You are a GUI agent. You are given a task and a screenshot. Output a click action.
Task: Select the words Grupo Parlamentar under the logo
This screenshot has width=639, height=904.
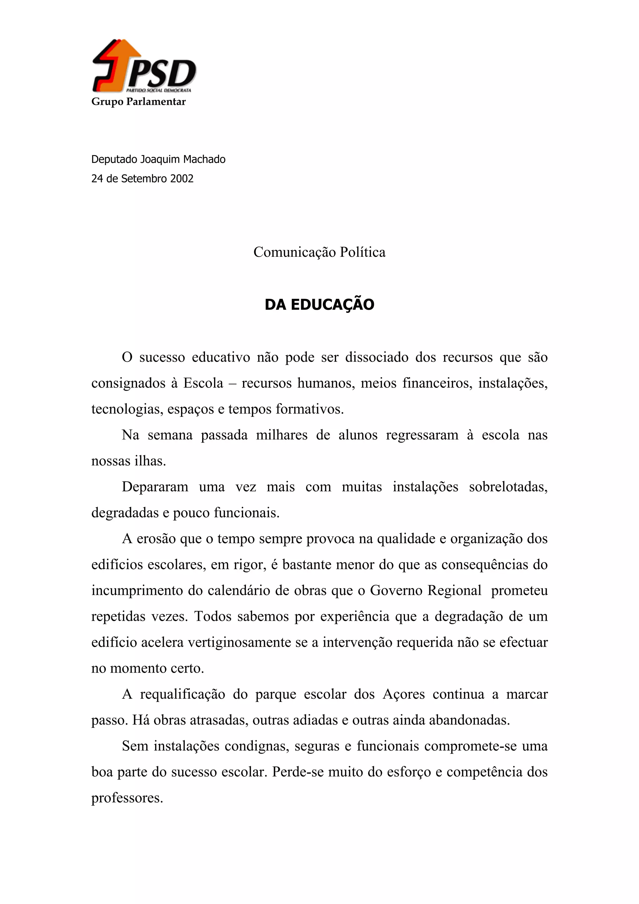(x=138, y=102)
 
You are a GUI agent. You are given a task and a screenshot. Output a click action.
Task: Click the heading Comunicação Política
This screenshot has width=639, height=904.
(x=319, y=252)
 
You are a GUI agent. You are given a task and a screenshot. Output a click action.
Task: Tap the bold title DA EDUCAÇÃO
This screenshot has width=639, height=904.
(x=319, y=304)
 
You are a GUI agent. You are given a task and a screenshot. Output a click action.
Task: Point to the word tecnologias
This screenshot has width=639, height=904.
(x=127, y=409)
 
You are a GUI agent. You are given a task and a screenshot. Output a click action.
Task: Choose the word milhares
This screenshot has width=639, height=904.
(x=281, y=435)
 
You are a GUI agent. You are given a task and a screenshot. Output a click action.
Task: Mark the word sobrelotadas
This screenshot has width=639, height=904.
(x=508, y=487)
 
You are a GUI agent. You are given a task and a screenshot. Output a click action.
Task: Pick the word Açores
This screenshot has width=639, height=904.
(x=403, y=694)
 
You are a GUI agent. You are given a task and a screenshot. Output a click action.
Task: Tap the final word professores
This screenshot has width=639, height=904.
(x=127, y=798)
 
